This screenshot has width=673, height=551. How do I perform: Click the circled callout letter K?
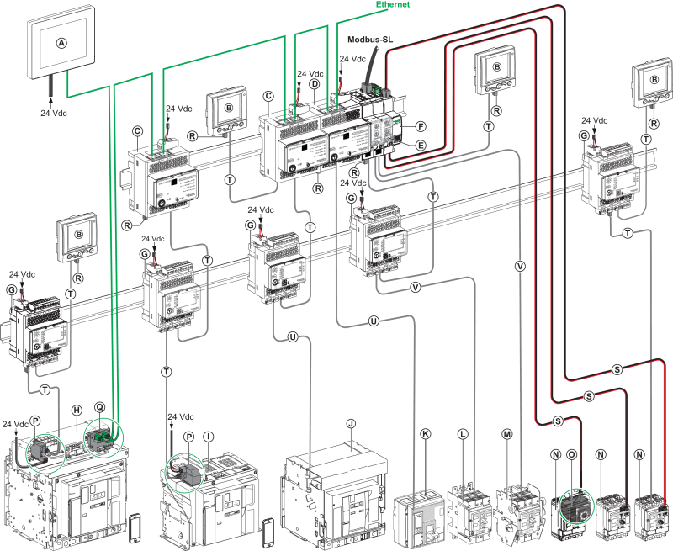(425, 432)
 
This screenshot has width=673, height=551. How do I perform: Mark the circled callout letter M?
(506, 432)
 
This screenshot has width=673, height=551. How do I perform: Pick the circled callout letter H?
(76, 410)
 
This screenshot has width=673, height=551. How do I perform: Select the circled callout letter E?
(421, 145)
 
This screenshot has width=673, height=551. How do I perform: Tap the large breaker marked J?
(336, 496)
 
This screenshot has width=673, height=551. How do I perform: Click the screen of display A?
(60, 46)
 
